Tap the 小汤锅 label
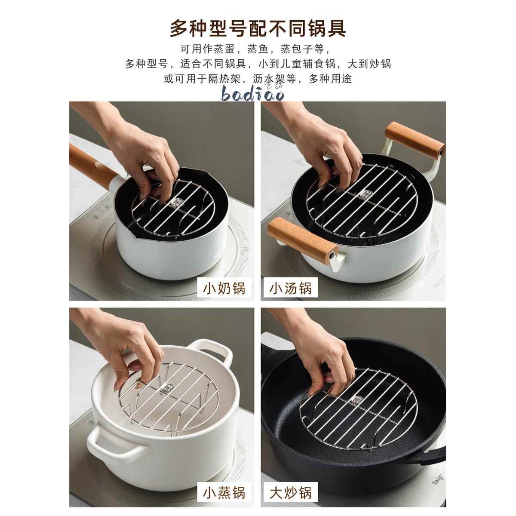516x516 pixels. point(291,288)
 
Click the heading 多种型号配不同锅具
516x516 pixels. point(258,28)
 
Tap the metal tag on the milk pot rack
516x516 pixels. point(175,202)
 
